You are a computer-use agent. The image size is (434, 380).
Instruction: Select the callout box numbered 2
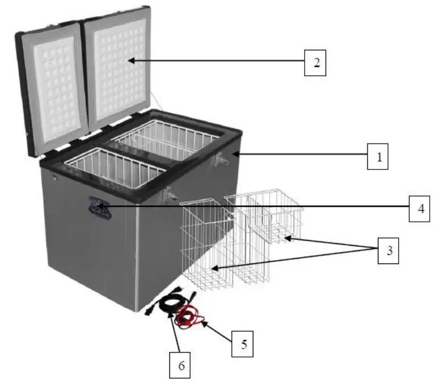315,62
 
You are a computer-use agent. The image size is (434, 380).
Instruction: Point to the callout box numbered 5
243,345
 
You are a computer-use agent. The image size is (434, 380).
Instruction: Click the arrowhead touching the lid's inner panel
130,61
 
